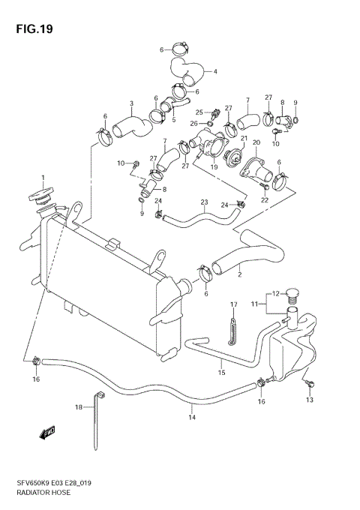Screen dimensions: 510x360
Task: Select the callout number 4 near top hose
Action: [x=215, y=72]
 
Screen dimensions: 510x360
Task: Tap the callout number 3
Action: [x=131, y=104]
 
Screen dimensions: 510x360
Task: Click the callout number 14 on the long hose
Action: [x=192, y=417]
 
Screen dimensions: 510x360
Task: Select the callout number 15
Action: [x=221, y=372]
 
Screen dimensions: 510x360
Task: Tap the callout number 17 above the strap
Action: [x=233, y=304]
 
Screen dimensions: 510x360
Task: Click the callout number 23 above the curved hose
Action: [x=203, y=202]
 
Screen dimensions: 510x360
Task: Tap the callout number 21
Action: [x=244, y=138]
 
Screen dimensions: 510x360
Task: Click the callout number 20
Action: [x=256, y=142]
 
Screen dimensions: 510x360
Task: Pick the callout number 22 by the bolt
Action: [x=265, y=199]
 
